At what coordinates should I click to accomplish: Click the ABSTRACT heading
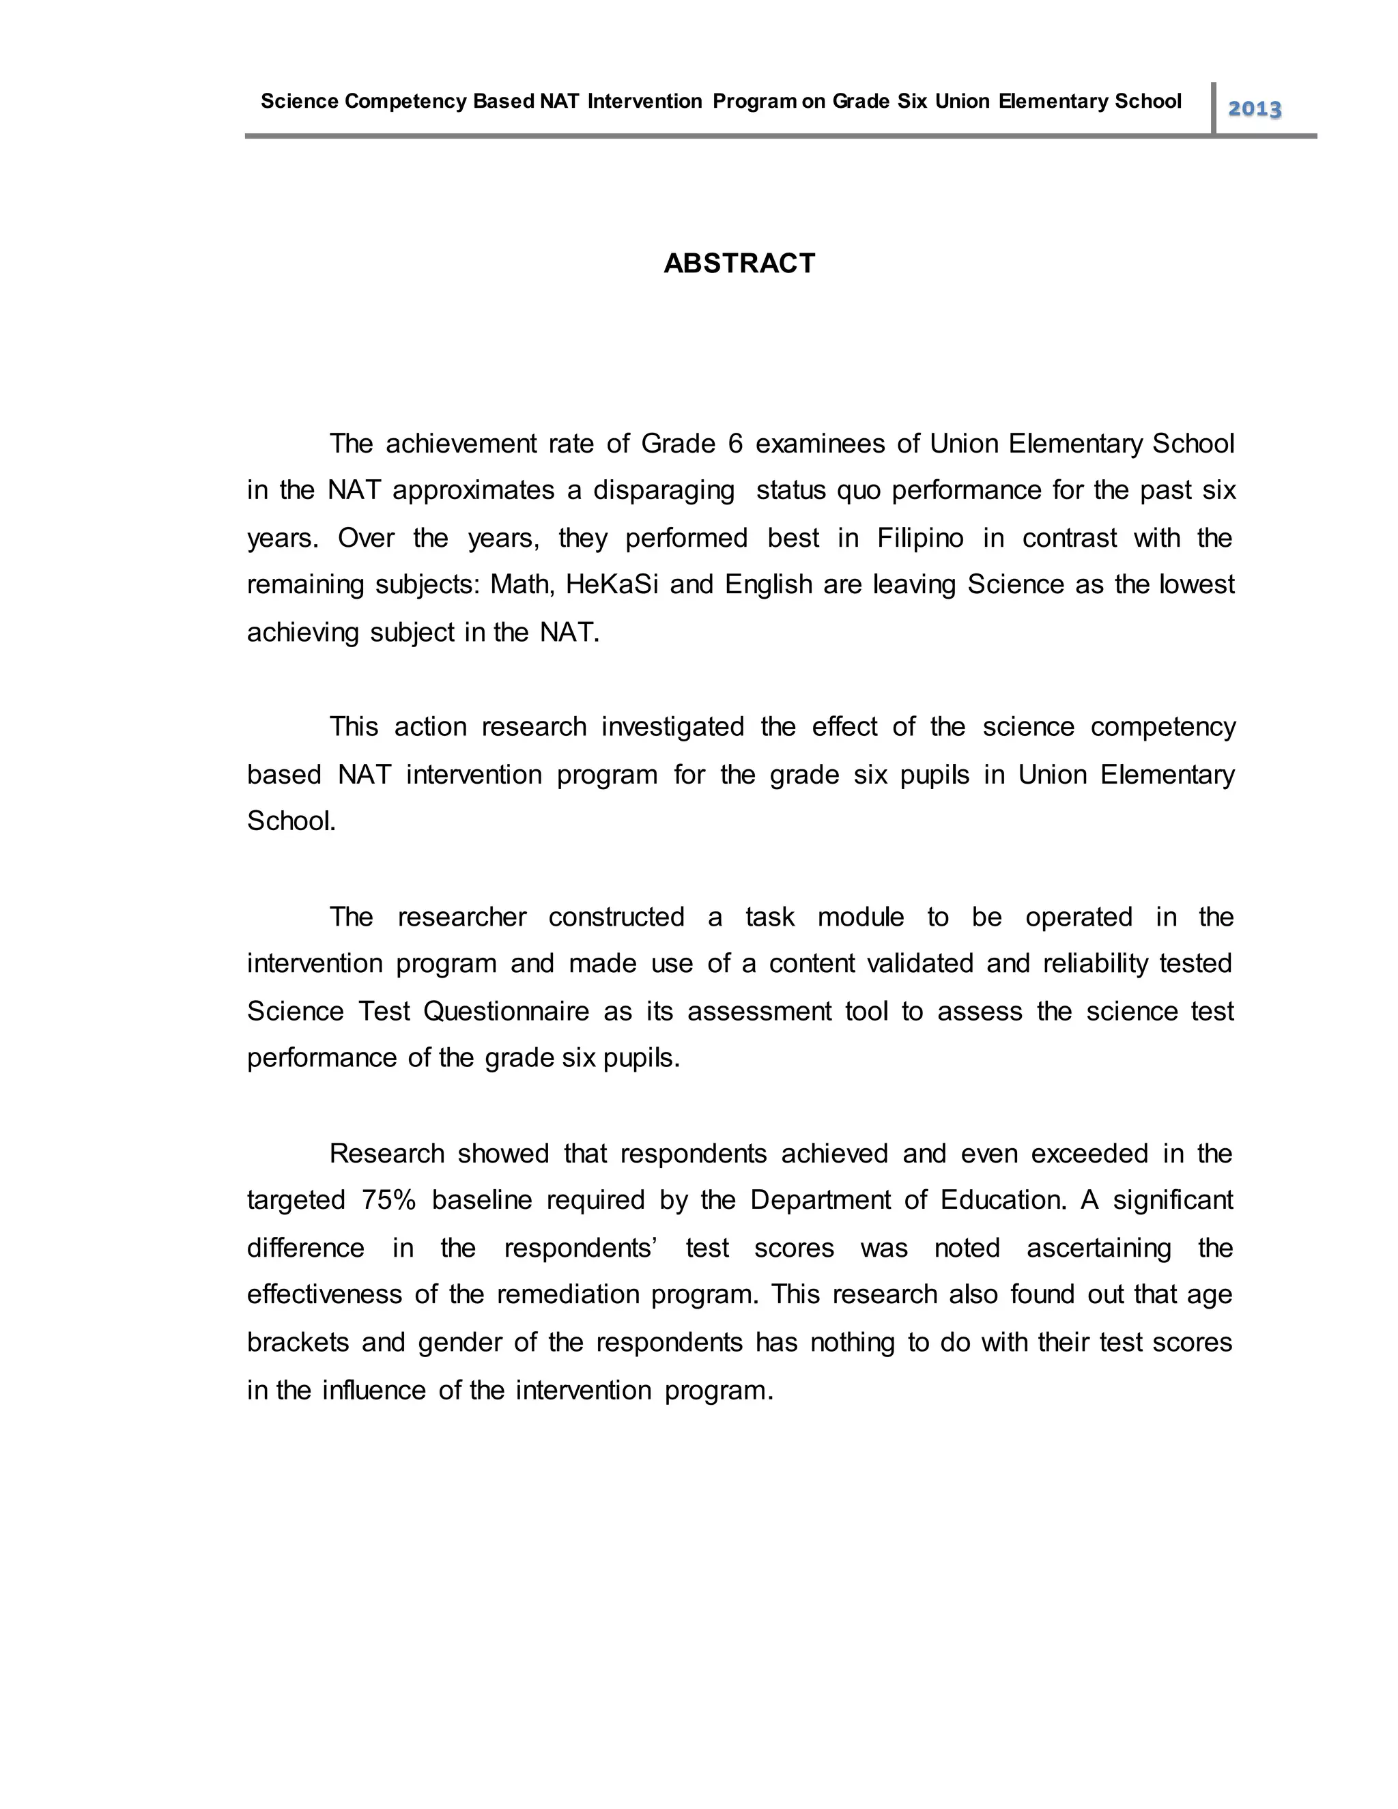click(x=739, y=263)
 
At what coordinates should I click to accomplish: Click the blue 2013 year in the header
click(x=1254, y=109)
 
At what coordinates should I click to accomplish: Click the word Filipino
click(x=920, y=539)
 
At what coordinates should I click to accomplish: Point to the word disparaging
click(x=664, y=490)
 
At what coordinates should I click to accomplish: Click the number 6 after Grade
click(x=735, y=444)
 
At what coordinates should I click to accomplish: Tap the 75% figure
click(x=388, y=1200)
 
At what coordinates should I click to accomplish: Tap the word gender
click(x=459, y=1342)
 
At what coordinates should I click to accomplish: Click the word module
click(x=861, y=917)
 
